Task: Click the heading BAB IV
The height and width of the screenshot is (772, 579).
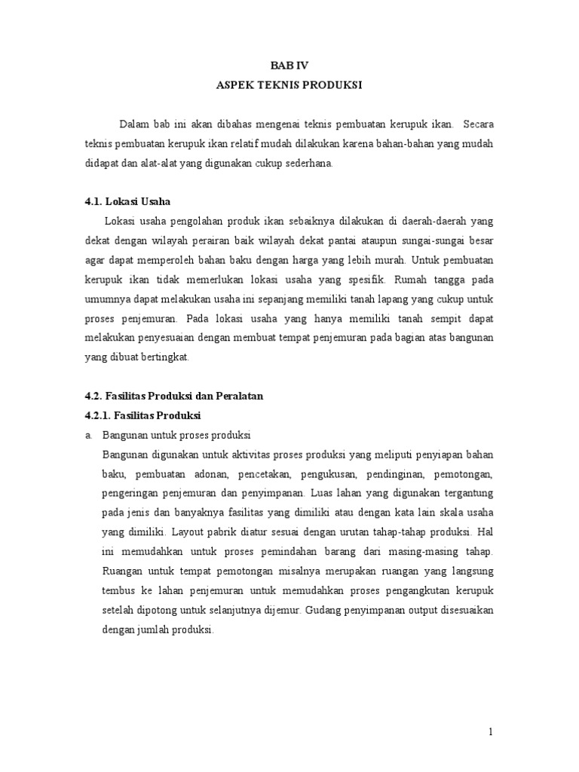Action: [x=289, y=65]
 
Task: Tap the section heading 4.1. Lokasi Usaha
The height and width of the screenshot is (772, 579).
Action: [x=127, y=201]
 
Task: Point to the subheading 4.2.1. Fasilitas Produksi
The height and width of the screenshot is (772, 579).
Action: [x=142, y=416]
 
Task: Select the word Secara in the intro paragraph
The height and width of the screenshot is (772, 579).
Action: [x=479, y=124]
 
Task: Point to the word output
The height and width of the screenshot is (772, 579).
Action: [x=436, y=610]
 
